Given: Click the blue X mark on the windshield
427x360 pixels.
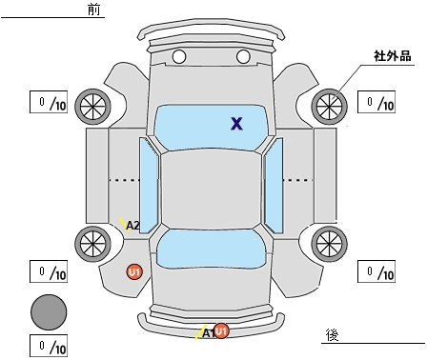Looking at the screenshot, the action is [236, 124].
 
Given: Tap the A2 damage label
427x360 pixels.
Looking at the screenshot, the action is [132, 226].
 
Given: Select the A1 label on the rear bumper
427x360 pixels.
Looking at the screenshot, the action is [208, 333].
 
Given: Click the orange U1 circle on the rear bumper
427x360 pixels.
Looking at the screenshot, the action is [221, 331].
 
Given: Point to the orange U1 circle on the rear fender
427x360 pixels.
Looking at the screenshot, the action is [134, 272].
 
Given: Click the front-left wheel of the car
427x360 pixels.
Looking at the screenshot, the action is [92, 107].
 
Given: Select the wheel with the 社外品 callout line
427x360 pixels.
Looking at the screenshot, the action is [329, 107].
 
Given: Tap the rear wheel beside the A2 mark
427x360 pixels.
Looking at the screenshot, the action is [92, 244].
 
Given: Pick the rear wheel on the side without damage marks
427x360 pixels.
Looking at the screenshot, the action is [329, 244].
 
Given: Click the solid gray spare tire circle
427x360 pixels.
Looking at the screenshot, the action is [49, 312].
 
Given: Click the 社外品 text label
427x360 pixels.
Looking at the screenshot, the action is [393, 56].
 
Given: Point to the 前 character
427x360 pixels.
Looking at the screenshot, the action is [93, 10].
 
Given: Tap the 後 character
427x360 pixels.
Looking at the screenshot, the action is [333, 335].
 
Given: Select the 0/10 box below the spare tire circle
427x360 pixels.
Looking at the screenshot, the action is [49, 346].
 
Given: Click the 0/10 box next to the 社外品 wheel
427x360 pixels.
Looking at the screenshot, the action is [376, 102].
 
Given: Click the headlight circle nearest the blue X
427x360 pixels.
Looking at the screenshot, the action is [243, 57].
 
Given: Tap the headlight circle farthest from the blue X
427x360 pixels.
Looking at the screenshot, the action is [179, 57].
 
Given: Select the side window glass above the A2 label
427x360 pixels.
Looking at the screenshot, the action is [149, 186].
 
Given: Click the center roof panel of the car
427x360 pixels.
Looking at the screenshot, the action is [212, 189].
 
